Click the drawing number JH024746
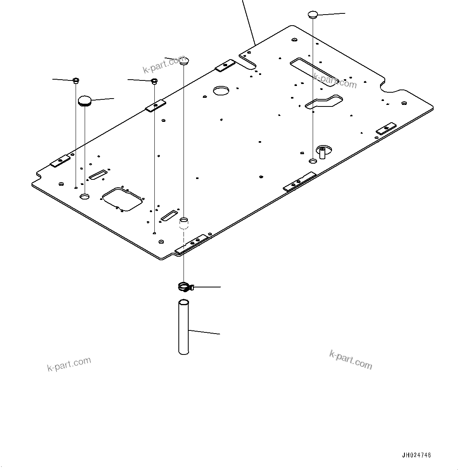click(416, 455)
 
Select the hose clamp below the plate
click(184, 287)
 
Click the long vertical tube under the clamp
click(184, 327)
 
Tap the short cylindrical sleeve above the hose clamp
click(184, 223)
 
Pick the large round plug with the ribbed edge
click(85, 101)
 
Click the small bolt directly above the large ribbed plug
click(76, 81)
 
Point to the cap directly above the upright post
click(312, 15)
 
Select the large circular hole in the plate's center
click(221, 91)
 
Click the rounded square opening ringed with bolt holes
click(122, 199)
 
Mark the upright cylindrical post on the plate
click(322, 152)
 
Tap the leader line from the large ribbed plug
click(103, 99)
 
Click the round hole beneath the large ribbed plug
click(85, 196)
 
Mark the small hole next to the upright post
click(312, 161)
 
